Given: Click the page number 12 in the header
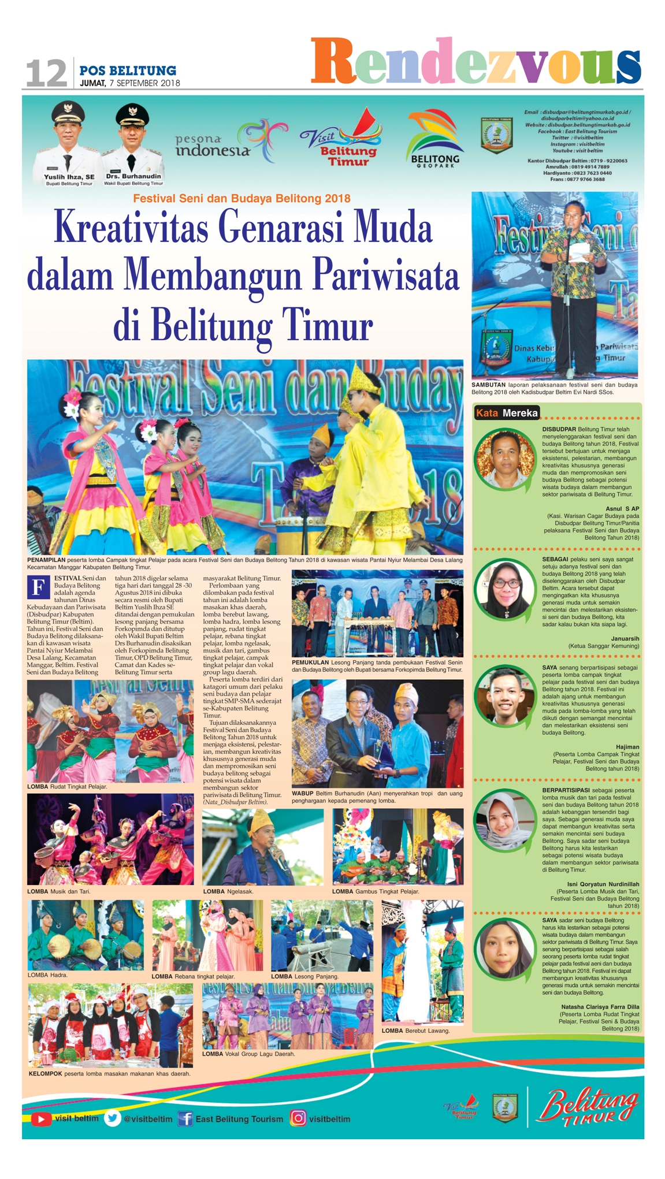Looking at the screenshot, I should coord(46,73).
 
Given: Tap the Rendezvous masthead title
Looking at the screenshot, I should coord(475,61).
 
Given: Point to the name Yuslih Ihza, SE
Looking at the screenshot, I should coord(69,177).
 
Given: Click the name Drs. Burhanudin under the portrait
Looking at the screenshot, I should coord(133,176).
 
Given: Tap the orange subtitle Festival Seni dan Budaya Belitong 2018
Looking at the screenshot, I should coord(242,198).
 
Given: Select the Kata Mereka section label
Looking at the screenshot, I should coord(506,412).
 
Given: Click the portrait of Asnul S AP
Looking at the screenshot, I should coord(504,459).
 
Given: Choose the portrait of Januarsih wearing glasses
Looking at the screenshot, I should coord(504,589).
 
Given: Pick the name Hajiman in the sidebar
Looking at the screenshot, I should coord(627,747).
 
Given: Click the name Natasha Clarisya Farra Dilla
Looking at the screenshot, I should coord(600,1006).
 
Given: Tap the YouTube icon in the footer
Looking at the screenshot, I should coord(40,1118).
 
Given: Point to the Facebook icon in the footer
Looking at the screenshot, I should coord(185,1118).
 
